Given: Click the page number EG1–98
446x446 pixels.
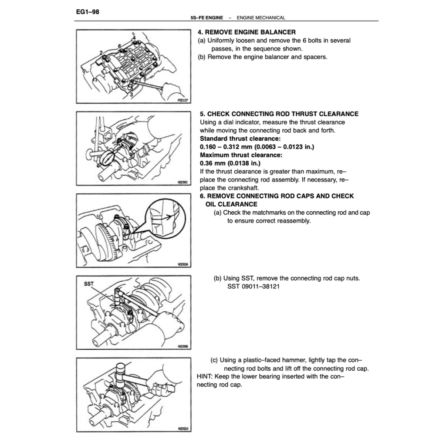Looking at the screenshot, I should click(88, 12).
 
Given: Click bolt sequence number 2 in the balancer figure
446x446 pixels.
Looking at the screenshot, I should click(101, 53).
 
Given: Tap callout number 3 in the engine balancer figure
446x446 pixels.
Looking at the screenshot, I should click(130, 93).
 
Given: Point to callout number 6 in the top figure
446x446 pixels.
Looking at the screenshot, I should click(119, 46).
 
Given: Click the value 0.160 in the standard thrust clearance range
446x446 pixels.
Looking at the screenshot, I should click(209, 147).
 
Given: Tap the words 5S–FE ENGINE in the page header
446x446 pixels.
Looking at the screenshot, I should click(206, 18).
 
